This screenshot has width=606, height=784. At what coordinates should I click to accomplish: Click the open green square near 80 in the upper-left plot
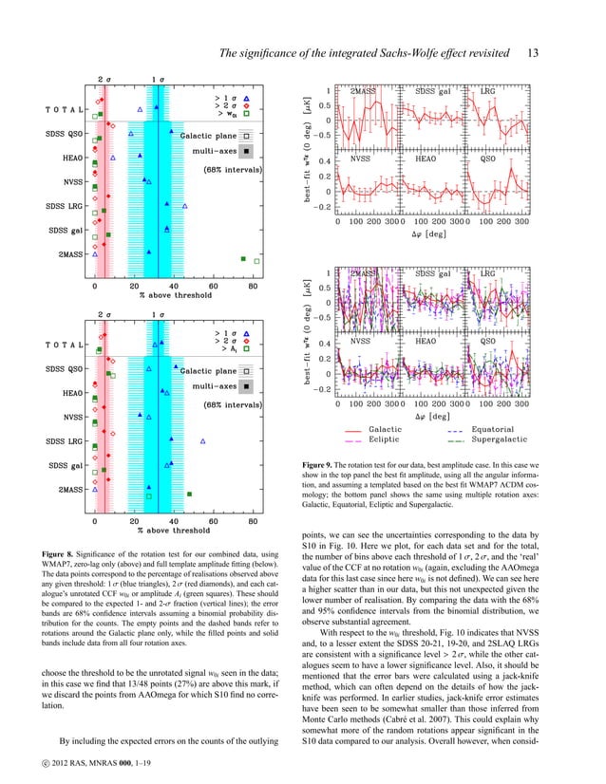(256, 258)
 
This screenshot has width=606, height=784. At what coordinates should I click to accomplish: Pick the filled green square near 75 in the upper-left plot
(243, 257)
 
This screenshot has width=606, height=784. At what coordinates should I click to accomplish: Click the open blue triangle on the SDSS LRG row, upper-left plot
(185, 204)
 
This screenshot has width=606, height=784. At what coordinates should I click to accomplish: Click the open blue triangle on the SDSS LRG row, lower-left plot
(202, 441)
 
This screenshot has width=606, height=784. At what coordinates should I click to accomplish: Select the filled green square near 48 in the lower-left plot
(190, 495)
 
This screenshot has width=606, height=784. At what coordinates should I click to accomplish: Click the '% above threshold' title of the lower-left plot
(174, 532)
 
